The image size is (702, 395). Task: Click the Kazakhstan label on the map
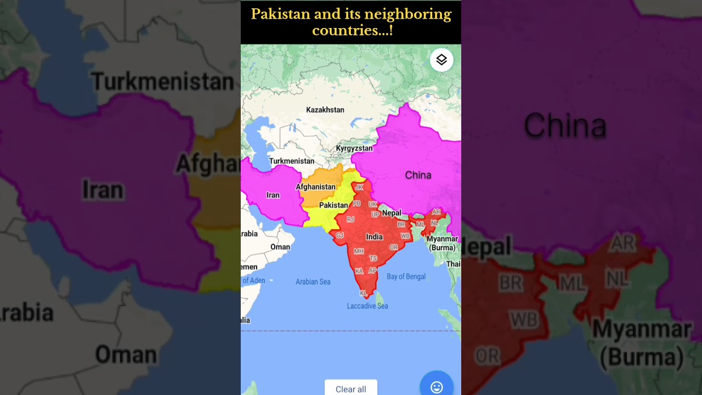325,110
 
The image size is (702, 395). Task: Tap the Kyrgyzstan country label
354,148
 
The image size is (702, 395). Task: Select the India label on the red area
375,237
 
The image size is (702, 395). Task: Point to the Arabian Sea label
313,281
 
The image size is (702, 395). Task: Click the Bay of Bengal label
406,276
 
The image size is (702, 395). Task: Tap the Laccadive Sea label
367,306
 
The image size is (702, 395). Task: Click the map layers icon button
441,60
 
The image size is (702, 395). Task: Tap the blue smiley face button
437,387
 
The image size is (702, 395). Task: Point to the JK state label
359,187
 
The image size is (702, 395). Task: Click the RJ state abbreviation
350,219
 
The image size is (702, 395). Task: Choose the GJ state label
340,235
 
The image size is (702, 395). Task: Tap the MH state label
359,251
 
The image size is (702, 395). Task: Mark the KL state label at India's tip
363,294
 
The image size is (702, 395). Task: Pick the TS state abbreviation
373,258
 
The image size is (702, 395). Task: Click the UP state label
375,215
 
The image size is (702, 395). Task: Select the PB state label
357,204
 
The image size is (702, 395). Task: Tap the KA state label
359,271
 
